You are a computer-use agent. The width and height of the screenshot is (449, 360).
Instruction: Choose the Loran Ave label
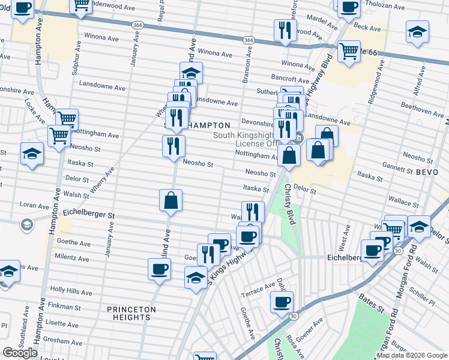[x=34, y=205]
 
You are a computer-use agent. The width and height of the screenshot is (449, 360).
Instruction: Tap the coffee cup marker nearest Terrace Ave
[x=282, y=301]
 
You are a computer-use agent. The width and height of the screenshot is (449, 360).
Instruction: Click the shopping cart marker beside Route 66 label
[x=348, y=50]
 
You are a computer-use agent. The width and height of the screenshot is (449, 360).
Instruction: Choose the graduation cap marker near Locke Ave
[x=32, y=154]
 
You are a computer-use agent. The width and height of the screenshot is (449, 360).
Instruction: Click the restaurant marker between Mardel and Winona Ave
[x=285, y=29]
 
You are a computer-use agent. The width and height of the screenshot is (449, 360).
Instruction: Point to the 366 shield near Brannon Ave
[x=248, y=40]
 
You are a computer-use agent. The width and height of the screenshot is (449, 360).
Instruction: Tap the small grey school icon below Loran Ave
[x=26, y=225]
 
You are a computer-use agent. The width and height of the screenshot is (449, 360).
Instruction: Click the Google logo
[x=20, y=353]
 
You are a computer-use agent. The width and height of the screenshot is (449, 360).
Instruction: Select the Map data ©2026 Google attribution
[x=412, y=355]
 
